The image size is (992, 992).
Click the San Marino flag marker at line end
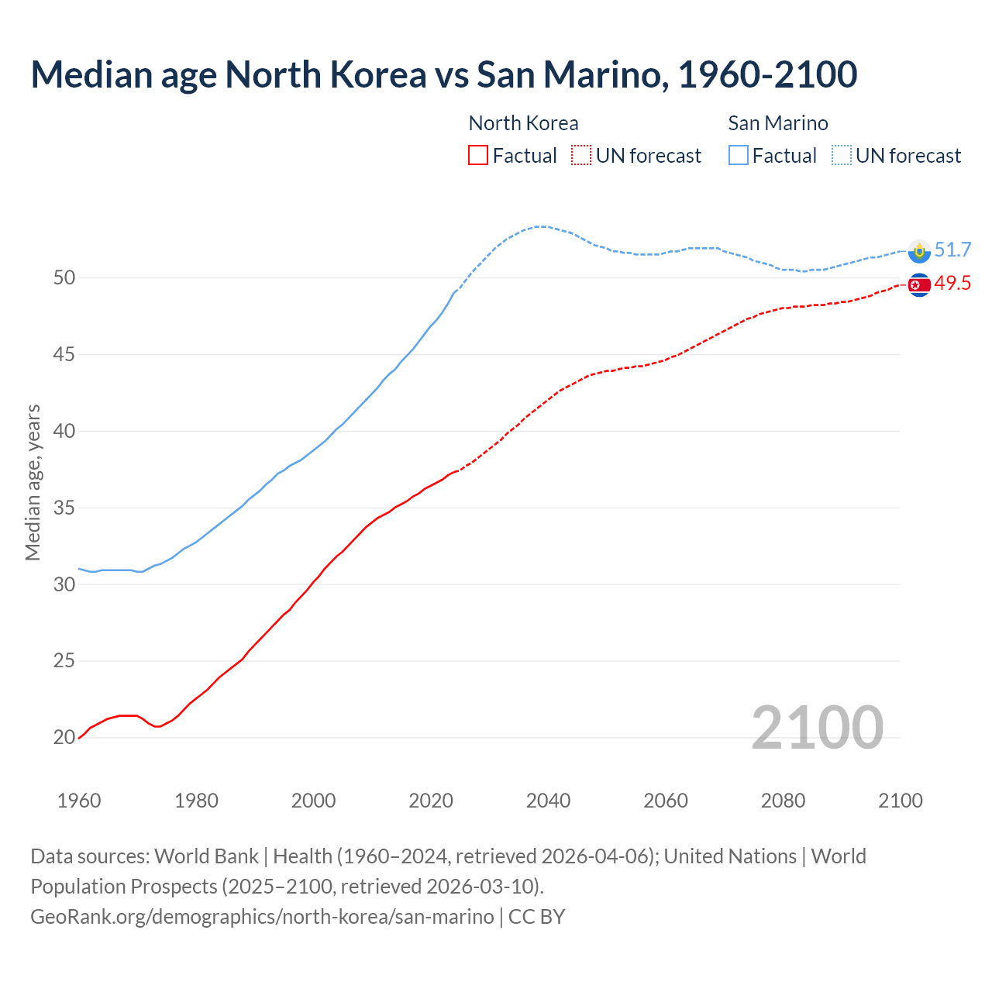919,250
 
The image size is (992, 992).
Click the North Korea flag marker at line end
919,285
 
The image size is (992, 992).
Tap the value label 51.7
952,250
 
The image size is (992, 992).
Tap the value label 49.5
952,284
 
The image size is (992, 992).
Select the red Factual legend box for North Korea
478,156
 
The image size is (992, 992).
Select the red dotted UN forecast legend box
581,156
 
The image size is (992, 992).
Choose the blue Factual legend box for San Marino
739,156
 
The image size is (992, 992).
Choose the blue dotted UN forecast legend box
841,156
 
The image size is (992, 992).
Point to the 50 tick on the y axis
64,277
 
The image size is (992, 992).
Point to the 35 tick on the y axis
64,508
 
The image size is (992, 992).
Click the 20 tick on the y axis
64,737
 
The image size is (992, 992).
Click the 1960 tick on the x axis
79,801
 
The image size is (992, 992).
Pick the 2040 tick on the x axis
548,801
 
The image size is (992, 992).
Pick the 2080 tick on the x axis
783,801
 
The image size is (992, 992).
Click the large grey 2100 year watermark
817,727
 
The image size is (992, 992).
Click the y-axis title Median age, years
33,482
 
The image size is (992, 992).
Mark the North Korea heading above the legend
523,123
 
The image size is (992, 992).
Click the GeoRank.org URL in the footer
262,917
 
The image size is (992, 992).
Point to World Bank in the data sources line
206,856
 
